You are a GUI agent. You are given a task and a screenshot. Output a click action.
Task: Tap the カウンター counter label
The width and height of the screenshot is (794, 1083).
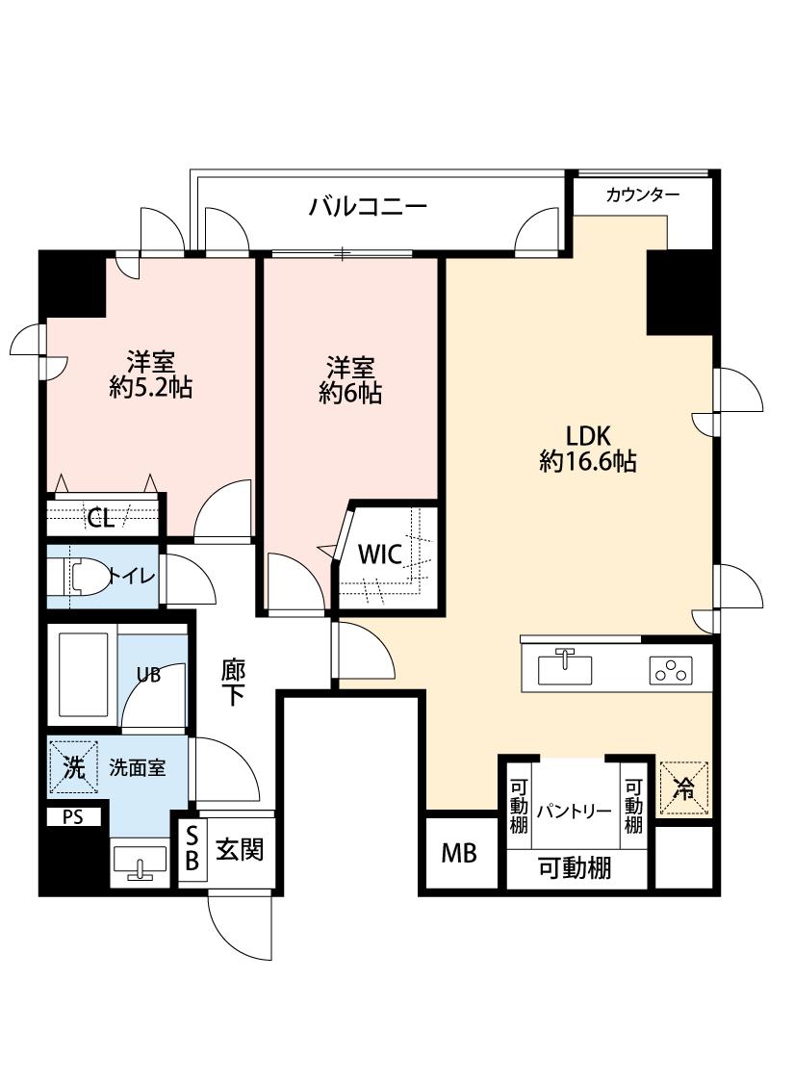[642, 195]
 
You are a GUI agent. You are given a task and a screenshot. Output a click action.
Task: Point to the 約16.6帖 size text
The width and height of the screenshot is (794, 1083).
[588, 462]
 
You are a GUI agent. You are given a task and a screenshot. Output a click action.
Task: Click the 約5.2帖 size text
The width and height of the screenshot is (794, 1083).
[151, 388]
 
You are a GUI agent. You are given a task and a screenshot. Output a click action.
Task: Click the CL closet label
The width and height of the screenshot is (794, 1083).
[101, 519]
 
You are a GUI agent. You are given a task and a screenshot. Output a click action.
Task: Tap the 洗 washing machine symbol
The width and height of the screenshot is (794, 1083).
[74, 767]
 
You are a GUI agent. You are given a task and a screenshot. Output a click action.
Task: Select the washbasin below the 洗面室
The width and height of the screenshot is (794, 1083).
[141, 863]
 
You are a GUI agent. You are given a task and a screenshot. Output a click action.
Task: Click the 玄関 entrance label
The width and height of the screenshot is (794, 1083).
[239, 850]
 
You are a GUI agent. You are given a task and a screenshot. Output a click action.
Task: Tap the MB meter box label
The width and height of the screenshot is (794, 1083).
[459, 853]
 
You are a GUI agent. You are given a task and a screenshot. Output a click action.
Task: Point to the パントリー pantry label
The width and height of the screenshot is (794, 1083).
[574, 810]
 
